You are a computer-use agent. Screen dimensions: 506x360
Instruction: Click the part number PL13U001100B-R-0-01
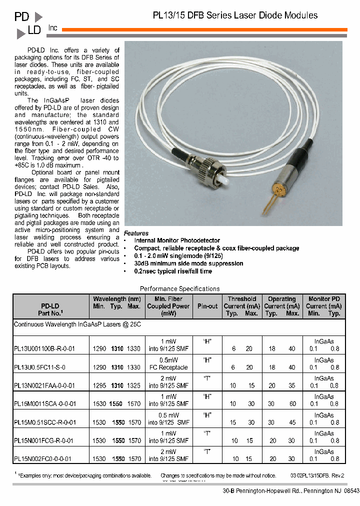[44, 349]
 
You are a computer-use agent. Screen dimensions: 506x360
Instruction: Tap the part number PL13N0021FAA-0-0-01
[44, 385]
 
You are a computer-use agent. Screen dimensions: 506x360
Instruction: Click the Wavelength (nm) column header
[116, 299]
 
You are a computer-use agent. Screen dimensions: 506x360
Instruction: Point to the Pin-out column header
[207, 306]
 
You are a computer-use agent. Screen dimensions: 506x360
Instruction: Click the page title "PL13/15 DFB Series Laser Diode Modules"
[235, 15]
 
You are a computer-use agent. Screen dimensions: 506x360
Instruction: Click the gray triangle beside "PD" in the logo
[38, 17]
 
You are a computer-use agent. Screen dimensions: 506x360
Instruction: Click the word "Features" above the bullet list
[136, 233]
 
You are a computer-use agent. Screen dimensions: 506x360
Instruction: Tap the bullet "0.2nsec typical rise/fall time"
[173, 271]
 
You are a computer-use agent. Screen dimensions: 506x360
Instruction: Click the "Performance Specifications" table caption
[179, 288]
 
